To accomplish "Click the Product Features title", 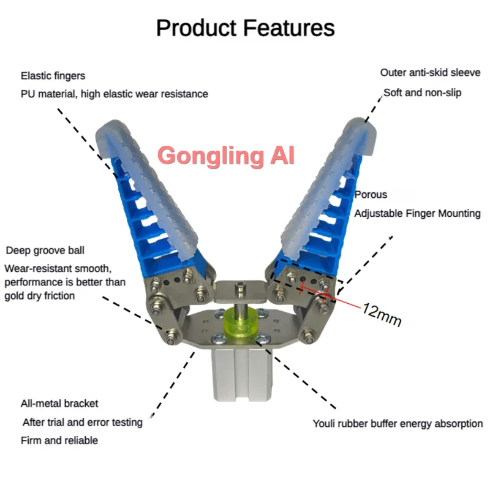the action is (x=246, y=28).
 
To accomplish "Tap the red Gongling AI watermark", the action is (x=226, y=156).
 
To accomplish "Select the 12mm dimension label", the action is (x=382, y=315).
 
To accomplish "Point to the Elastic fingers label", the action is (x=53, y=76).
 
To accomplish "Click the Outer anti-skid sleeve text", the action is (x=431, y=72).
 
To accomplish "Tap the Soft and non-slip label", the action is (x=422, y=93).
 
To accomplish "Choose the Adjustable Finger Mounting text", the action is (x=417, y=213).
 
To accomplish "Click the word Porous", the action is (x=371, y=194).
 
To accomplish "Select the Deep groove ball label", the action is (x=45, y=251).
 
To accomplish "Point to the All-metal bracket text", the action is (x=59, y=404).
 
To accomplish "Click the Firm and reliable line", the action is (x=59, y=440).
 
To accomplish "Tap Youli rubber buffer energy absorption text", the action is (x=398, y=424).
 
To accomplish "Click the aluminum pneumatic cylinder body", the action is (x=240, y=374).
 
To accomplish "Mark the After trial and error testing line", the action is (x=83, y=422).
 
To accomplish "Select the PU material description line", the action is (x=115, y=94).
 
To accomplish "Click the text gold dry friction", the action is (x=40, y=296).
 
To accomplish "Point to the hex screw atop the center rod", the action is (x=240, y=286).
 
